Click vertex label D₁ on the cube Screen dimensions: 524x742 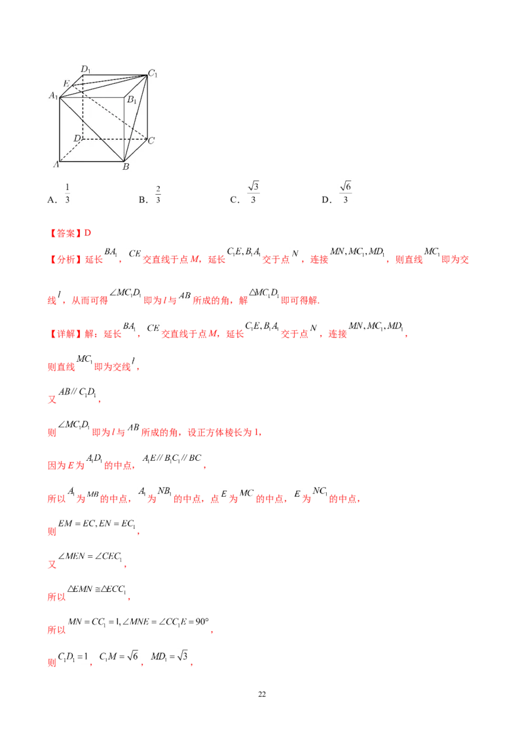coord(85,69)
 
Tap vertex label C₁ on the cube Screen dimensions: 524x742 coord(152,73)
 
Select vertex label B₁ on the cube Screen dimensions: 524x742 coord(132,100)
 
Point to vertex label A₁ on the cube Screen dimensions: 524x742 coord(54,96)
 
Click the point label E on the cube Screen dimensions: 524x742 coord(67,84)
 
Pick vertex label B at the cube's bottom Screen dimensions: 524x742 coord(126,166)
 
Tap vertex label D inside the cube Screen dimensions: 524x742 coord(77,138)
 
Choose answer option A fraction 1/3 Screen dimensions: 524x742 coord(67,193)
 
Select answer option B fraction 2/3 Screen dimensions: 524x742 coord(158,195)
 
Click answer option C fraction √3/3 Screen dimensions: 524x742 coord(253,192)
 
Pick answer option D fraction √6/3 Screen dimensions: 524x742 coord(345,192)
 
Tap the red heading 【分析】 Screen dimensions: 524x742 coord(65,260)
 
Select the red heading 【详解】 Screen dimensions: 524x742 coord(65,334)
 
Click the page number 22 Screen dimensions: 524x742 coord(262,694)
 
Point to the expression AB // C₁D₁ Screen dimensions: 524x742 coord(77,392)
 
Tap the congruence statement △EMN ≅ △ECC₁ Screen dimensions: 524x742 coord(96,589)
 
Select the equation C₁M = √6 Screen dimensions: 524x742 coord(119,656)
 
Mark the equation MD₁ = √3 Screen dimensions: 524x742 coord(169,656)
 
